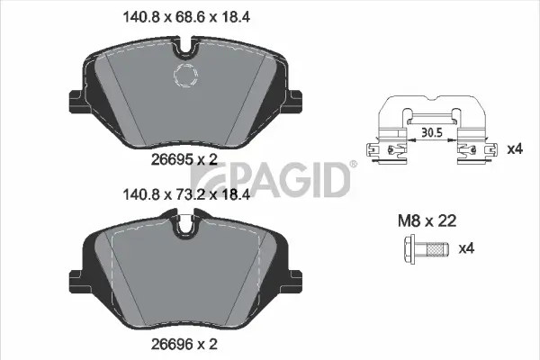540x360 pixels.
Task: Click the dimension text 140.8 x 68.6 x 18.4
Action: tap(189, 14)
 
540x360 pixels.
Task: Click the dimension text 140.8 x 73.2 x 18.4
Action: tap(189, 193)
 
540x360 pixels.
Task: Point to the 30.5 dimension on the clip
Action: tap(432, 132)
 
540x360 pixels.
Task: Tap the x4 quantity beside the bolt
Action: tap(466, 249)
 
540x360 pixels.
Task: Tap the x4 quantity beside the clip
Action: tap(514, 148)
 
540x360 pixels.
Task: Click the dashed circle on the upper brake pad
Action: tap(189, 78)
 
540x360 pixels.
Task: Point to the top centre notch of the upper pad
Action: tap(189, 43)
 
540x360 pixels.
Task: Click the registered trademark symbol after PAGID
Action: tap(353, 165)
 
